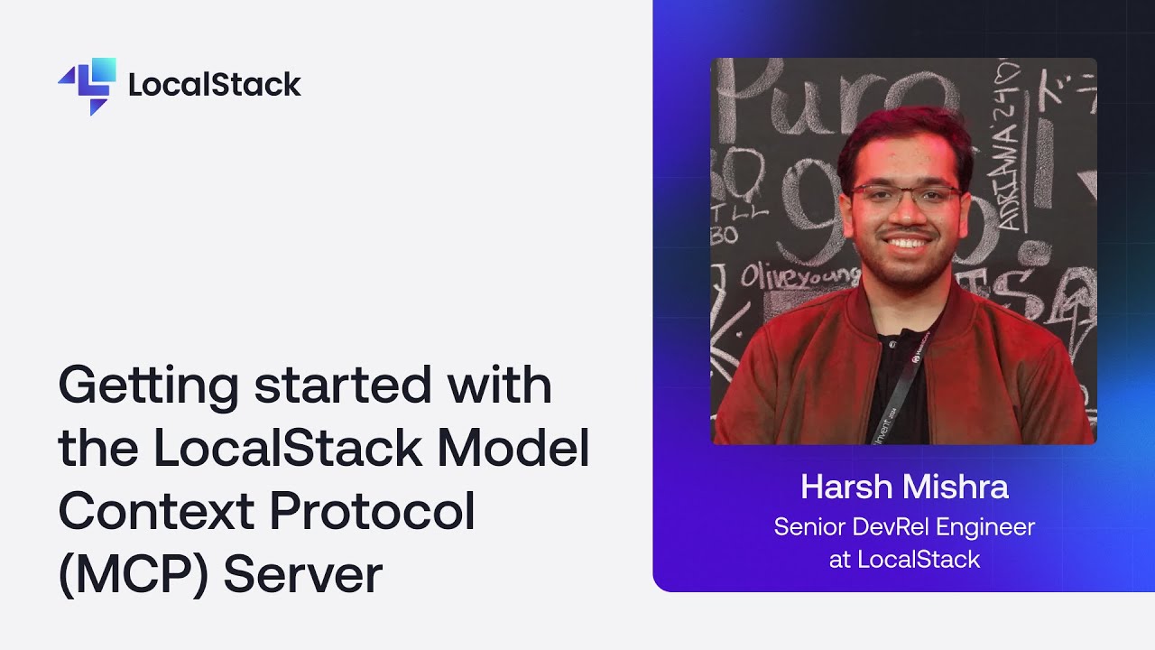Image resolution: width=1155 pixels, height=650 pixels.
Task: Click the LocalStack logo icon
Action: tap(88, 85)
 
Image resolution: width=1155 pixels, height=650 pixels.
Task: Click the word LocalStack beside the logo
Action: tap(215, 85)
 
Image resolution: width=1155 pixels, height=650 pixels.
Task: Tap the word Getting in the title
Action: tap(149, 386)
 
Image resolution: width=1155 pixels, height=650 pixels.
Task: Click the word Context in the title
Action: tap(154, 512)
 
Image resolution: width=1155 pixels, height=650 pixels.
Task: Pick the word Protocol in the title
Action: tap(372, 512)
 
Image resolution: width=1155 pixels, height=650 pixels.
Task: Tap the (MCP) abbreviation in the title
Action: tap(130, 575)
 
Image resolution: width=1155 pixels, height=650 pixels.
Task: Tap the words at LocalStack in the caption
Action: tap(904, 560)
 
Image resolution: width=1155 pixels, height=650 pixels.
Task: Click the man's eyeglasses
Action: tap(905, 195)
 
